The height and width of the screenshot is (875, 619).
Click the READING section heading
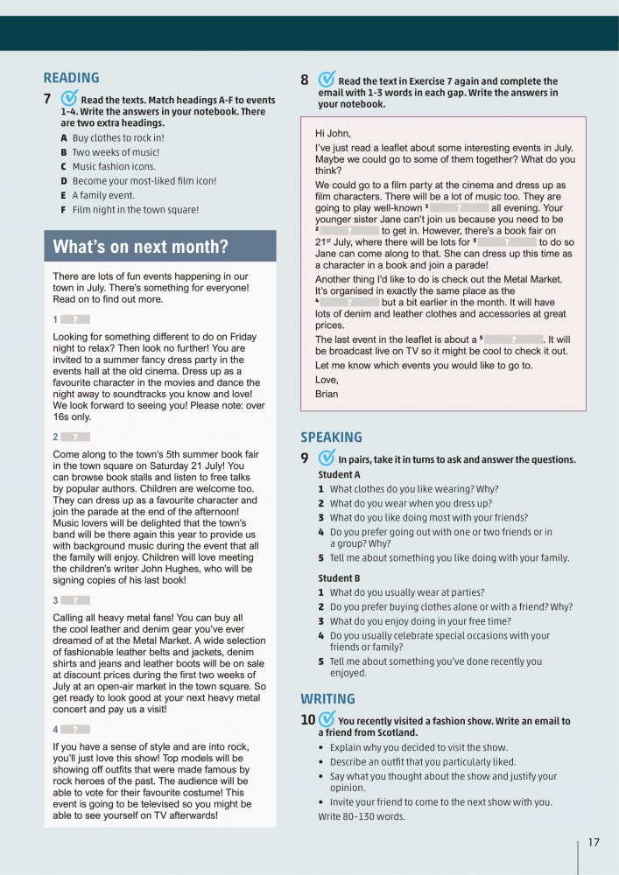(71, 78)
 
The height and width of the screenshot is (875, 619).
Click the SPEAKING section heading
(331, 437)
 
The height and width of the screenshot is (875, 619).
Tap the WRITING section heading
(327, 699)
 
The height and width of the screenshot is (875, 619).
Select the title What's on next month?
(140, 247)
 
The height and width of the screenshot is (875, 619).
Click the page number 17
(594, 843)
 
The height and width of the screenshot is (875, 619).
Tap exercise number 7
(49, 99)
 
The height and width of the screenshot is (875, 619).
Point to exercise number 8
(305, 80)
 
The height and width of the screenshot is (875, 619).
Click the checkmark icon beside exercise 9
(326, 458)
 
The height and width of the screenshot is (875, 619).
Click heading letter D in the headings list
(64, 181)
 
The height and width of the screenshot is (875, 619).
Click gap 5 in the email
(513, 339)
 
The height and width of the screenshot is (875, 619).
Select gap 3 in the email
(506, 241)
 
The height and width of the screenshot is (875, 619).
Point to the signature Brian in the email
(327, 394)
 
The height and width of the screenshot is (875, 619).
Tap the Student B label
(339, 578)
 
